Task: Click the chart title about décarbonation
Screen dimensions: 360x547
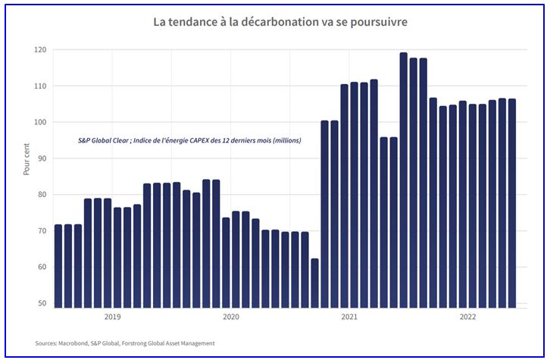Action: (x=280, y=22)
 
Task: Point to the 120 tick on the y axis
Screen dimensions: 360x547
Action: (x=39, y=50)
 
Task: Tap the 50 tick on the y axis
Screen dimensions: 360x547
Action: (x=42, y=303)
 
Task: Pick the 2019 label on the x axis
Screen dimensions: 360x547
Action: (x=112, y=318)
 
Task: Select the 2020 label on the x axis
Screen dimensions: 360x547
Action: (x=230, y=318)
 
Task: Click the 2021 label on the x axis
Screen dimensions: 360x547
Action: (x=349, y=318)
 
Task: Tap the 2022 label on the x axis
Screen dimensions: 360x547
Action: (x=468, y=318)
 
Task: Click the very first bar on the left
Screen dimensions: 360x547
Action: (x=58, y=266)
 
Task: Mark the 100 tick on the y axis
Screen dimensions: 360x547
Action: (x=39, y=122)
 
